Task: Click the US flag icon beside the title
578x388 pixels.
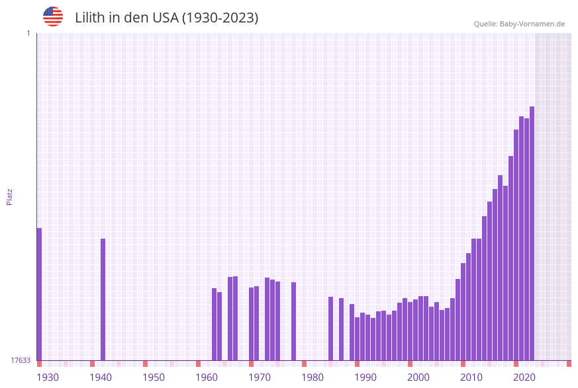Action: tap(53, 17)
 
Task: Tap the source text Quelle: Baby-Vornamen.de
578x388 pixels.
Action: tap(519, 24)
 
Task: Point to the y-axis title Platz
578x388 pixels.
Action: tap(10, 196)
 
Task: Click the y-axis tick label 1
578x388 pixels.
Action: tap(28, 33)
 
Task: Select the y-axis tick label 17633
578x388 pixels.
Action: tap(21, 360)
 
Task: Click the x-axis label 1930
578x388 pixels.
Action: tap(48, 377)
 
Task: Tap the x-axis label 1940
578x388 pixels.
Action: tap(101, 377)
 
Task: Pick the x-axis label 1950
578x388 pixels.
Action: tap(154, 377)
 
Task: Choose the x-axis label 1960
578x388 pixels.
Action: tap(207, 377)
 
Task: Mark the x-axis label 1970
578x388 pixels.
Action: tap(260, 377)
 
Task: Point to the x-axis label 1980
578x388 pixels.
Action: tap(313, 377)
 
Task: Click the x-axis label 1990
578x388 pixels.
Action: tap(365, 377)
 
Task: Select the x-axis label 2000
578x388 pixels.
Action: tap(418, 377)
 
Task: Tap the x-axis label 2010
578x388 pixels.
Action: tap(471, 377)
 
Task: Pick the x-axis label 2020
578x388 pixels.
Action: tap(524, 377)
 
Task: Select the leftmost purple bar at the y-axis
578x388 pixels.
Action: tap(39, 294)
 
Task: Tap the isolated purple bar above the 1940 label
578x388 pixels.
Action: tap(103, 299)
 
